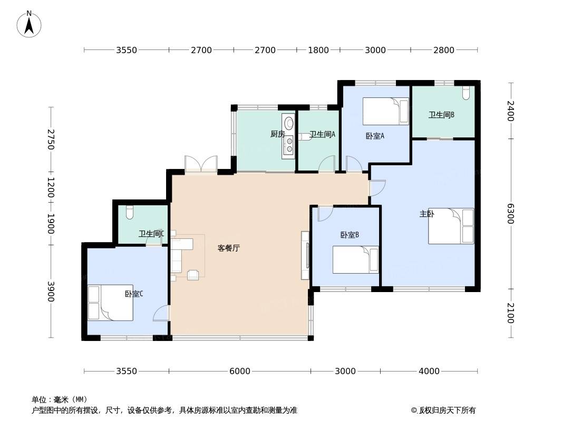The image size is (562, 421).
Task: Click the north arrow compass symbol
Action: click(x=29, y=24)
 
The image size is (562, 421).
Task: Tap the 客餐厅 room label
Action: click(x=229, y=248)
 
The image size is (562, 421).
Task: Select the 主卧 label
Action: click(x=427, y=214)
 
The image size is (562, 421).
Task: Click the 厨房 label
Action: click(x=278, y=134)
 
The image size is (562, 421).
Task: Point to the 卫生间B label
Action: click(x=442, y=115)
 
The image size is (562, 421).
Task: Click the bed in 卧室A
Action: click(x=386, y=111)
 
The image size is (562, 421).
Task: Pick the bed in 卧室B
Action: click(x=355, y=259)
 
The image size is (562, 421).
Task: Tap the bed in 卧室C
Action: click(x=110, y=303)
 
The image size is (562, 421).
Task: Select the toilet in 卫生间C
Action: click(x=130, y=213)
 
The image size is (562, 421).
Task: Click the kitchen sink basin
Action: click(x=288, y=123)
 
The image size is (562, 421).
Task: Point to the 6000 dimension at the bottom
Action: click(x=240, y=371)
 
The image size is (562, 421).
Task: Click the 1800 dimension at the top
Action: click(x=318, y=50)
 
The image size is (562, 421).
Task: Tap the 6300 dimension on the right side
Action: click(x=510, y=214)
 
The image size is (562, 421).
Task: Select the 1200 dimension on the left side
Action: click(x=51, y=187)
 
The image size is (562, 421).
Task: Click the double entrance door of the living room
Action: click(x=201, y=165)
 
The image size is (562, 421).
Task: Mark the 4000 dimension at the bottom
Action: click(x=429, y=371)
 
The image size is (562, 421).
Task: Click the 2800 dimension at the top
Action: click(x=444, y=50)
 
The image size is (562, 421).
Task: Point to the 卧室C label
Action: click(x=134, y=294)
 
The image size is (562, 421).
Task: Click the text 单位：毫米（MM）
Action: click(x=60, y=399)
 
